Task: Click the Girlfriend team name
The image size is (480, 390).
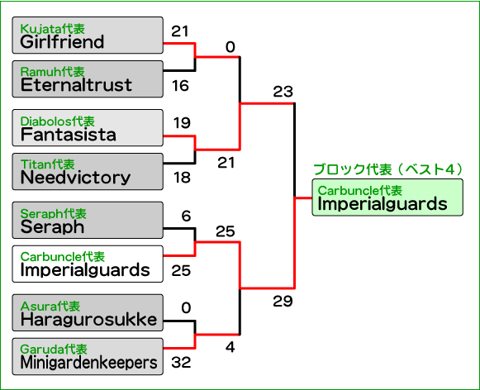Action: coord(62,42)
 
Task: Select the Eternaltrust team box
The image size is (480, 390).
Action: coord(88,79)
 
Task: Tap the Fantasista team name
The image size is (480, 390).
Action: coord(69,135)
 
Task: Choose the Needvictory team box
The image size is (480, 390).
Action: coord(88,171)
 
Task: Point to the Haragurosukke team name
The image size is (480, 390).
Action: coord(88,320)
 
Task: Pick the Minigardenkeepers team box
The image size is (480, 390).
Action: coord(88,356)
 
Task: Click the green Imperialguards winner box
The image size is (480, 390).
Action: coord(387,197)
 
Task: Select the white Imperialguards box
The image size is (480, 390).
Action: coord(88,264)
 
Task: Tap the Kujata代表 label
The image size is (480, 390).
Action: coord(52,29)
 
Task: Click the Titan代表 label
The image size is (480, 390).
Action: coord(47,164)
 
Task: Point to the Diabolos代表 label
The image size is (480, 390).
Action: coord(58,121)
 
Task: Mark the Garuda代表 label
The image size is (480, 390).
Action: coord(54,349)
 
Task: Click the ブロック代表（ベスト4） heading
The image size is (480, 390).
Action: coord(388,169)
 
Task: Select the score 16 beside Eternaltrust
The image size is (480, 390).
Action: coord(180,86)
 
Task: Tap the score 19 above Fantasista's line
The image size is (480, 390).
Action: coord(182,123)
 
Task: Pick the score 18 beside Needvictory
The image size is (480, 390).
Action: coord(182,178)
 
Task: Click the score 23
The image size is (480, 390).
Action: coord(283,92)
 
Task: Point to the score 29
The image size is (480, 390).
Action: coord(283,302)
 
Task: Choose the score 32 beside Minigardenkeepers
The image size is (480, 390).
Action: coord(181,363)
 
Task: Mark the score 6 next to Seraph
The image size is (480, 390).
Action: coord(186,216)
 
